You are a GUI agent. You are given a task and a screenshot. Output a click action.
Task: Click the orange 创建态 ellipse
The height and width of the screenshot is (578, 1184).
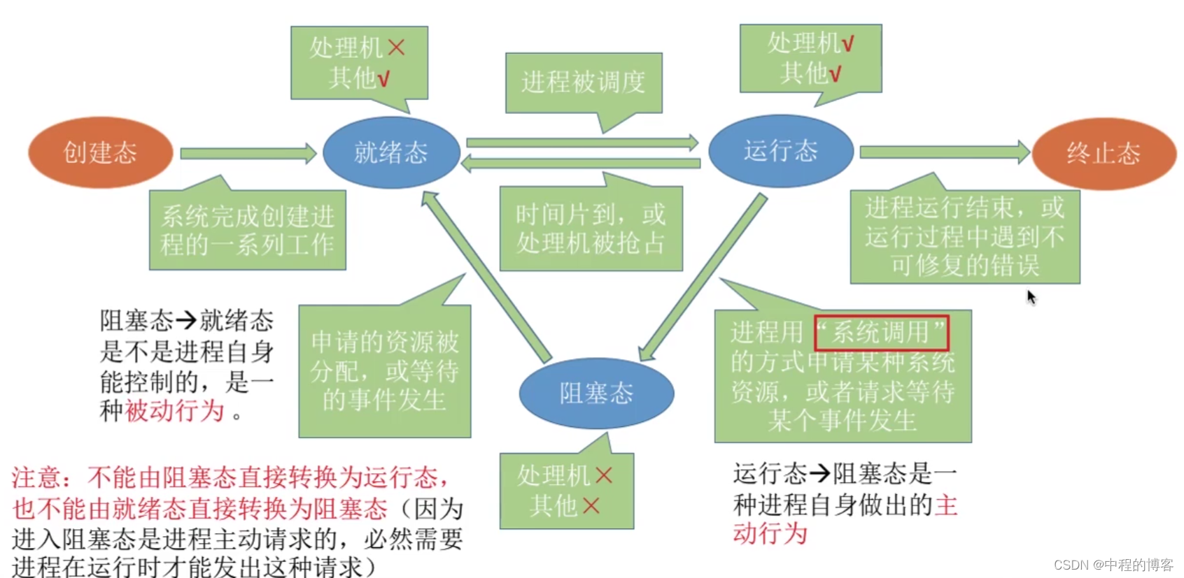(100, 152)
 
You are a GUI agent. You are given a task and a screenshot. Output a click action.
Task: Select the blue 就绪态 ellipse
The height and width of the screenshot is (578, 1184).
(390, 152)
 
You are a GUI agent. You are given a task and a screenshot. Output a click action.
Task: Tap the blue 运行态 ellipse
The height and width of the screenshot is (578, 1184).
(780, 151)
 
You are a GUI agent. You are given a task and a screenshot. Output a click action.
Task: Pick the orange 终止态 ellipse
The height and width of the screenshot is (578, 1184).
(1104, 153)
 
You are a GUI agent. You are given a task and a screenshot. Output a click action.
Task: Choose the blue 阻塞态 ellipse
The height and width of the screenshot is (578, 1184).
(596, 393)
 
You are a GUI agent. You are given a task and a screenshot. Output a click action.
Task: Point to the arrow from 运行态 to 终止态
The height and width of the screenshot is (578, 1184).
(943, 152)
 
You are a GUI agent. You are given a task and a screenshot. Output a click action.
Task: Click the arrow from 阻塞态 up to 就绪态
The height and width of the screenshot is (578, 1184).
(486, 275)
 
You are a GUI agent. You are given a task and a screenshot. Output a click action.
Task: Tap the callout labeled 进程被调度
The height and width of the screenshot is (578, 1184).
(583, 82)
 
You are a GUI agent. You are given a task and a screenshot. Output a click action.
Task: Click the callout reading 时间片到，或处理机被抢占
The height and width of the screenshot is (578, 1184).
(591, 229)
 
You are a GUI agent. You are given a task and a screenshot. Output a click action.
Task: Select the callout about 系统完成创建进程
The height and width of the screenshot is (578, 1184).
(247, 230)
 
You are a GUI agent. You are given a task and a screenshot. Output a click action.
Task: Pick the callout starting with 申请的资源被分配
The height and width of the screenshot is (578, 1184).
(384, 371)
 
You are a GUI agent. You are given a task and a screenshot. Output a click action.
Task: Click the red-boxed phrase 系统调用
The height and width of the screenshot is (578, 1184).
(881, 333)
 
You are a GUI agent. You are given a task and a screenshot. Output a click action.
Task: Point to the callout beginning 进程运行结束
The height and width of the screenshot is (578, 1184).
(964, 237)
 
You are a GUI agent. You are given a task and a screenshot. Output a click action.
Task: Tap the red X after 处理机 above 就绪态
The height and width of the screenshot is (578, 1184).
(396, 48)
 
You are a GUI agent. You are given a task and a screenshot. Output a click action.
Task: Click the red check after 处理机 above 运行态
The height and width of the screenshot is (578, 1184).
(847, 44)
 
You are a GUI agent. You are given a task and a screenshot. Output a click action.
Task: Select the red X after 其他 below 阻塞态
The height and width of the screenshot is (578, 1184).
(591, 505)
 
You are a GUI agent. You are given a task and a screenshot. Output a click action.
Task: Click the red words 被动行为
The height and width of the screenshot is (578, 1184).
(174, 411)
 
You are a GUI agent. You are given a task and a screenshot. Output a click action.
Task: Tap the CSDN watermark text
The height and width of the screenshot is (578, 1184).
(1113, 565)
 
